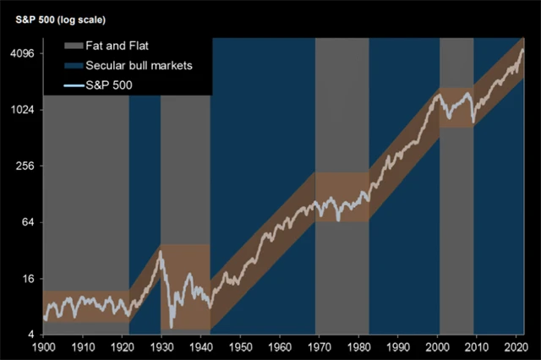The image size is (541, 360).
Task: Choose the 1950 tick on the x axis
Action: coord(241,347)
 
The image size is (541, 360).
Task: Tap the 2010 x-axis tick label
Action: coord(479,347)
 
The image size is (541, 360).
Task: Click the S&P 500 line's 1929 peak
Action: coord(160,251)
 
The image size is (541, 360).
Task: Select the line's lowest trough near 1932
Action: coord(172,326)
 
